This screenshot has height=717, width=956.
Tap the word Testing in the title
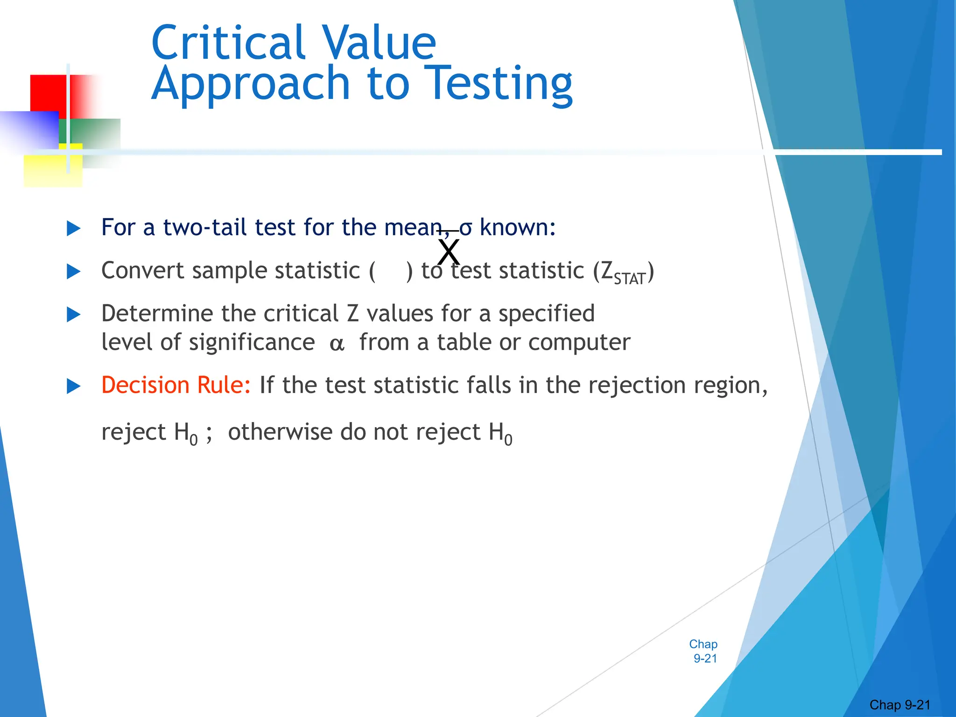[500, 84]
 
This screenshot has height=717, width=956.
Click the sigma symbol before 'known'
[466, 228]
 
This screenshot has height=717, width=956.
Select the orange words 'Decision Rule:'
[176, 386]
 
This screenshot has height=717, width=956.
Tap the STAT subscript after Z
[629, 279]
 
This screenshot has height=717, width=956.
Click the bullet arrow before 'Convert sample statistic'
[74, 272]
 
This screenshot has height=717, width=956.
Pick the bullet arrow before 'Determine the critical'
[74, 315]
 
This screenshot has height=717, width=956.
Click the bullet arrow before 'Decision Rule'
[74, 387]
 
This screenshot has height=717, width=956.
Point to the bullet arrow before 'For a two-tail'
[74, 229]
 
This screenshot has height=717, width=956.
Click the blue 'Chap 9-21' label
[704, 651]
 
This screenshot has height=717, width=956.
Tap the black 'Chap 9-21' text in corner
[900, 705]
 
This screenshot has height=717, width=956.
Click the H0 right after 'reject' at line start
[186, 433]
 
